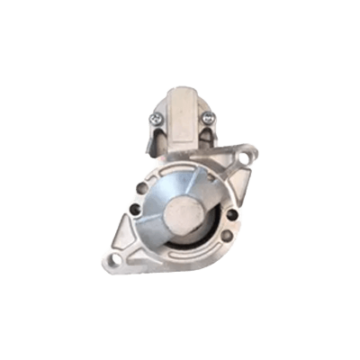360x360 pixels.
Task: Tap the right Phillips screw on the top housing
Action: [208, 118]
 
